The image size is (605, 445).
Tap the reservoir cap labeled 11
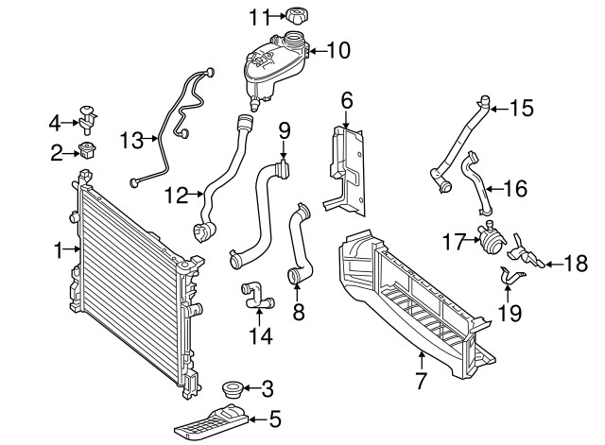pyautogui.click(x=302, y=16)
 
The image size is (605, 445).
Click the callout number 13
pyautogui.click(x=131, y=142)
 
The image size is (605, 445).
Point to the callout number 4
pyautogui.click(x=55, y=121)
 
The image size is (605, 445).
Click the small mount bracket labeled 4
pyautogui.click(x=90, y=115)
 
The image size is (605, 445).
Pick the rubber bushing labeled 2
pyautogui.click(x=90, y=149)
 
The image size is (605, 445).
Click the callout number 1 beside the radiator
pyautogui.click(x=58, y=250)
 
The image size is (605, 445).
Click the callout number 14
pyautogui.click(x=257, y=334)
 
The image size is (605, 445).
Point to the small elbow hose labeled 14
pyautogui.click(x=256, y=296)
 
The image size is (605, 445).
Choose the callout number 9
pyautogui.click(x=284, y=128)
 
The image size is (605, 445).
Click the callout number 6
pyautogui.click(x=347, y=98)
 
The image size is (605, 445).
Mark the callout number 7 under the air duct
pyautogui.click(x=421, y=381)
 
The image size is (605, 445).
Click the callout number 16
pyautogui.click(x=515, y=189)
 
